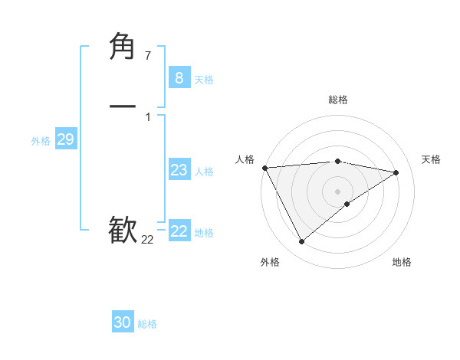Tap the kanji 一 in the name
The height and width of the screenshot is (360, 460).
pyautogui.click(x=123, y=106)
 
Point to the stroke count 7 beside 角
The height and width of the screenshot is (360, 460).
pyautogui.click(x=147, y=56)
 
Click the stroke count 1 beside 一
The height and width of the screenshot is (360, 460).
pyautogui.click(x=147, y=116)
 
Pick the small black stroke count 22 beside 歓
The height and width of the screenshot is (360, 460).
pyautogui.click(x=147, y=240)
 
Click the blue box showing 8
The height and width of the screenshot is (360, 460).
pyautogui.click(x=179, y=77)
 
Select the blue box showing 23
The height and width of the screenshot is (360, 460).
pyautogui.click(x=179, y=170)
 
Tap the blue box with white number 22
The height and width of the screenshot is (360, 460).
pyautogui.click(x=179, y=231)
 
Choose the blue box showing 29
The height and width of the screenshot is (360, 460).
pyautogui.click(x=65, y=139)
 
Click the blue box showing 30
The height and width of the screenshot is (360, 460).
pyautogui.click(x=122, y=322)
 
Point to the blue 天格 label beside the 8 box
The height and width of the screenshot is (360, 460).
pyautogui.click(x=204, y=79)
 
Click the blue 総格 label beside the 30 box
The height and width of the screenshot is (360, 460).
pyautogui.click(x=147, y=324)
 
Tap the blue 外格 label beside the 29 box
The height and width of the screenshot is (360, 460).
pyautogui.click(x=41, y=141)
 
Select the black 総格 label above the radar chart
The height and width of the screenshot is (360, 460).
pyautogui.click(x=337, y=100)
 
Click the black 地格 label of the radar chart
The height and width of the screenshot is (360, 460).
pyautogui.click(x=402, y=262)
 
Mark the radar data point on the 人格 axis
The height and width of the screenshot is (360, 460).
pyautogui.click(x=264, y=168)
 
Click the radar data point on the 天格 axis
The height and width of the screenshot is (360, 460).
pyautogui.click(x=396, y=172)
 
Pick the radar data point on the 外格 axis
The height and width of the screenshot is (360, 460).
pyautogui.click(x=301, y=242)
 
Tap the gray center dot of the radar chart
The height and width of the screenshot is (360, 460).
pyautogui.click(x=337, y=191)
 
